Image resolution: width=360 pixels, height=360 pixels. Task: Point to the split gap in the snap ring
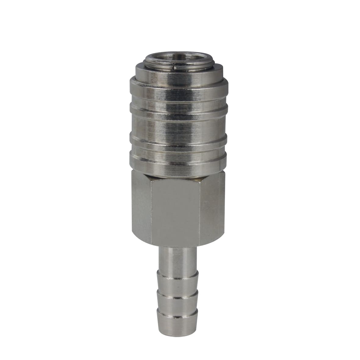click(175, 65)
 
